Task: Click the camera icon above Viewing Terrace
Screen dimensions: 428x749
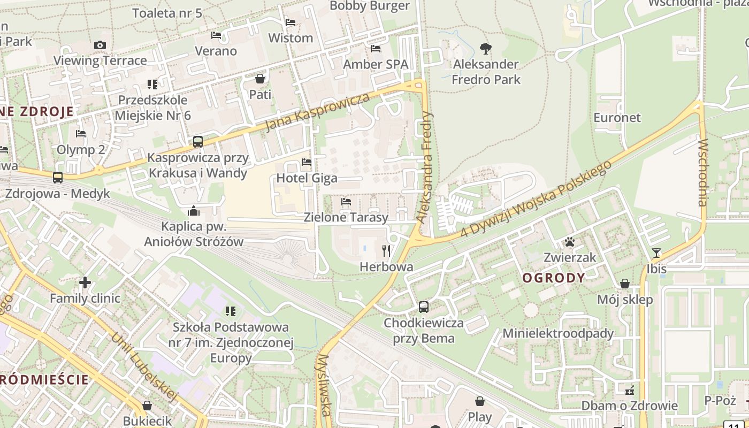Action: [100, 45]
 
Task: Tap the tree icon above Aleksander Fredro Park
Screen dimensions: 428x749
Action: [485, 49]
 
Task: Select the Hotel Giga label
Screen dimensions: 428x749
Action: [307, 178]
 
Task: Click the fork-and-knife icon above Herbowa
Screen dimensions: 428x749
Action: [386, 250]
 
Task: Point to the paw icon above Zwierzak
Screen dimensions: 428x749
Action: [569, 242]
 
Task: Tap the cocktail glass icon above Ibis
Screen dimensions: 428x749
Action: [656, 253]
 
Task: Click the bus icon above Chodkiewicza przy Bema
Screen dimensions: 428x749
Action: [423, 307]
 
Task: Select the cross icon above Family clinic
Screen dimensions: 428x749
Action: [85, 282]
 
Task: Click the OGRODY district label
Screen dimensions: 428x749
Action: [554, 278]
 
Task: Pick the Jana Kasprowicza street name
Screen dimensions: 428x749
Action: [318, 111]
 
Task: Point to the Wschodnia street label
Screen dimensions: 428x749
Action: [702, 172]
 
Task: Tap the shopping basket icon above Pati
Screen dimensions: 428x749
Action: [260, 79]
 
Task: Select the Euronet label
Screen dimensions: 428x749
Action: [617, 117]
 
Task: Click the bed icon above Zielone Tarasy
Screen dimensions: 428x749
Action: [346, 202]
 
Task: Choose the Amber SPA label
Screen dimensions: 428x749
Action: [375, 64]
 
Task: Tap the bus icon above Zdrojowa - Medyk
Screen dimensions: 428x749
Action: [57, 177]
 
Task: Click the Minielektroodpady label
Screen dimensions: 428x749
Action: [558, 333]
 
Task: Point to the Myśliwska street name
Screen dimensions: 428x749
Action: [324, 385]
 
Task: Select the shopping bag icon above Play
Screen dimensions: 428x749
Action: [480, 401]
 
